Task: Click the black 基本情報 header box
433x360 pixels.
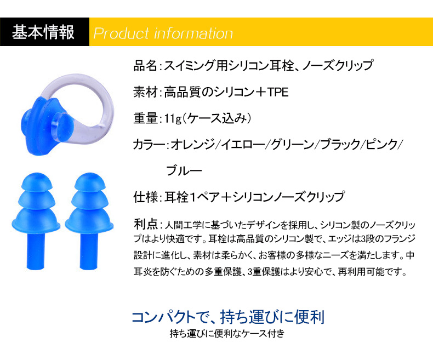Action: [44, 32]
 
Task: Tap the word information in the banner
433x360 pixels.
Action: [193, 33]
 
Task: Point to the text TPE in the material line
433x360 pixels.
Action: [278, 92]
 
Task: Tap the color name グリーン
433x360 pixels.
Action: [293, 145]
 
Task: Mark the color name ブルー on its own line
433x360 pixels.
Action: [184, 170]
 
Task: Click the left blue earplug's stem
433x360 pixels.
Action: [36, 250]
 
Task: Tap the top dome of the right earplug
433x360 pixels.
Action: [90, 181]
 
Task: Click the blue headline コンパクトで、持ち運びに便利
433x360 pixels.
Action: [228, 317]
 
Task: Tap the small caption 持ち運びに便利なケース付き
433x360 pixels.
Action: [227, 334]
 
